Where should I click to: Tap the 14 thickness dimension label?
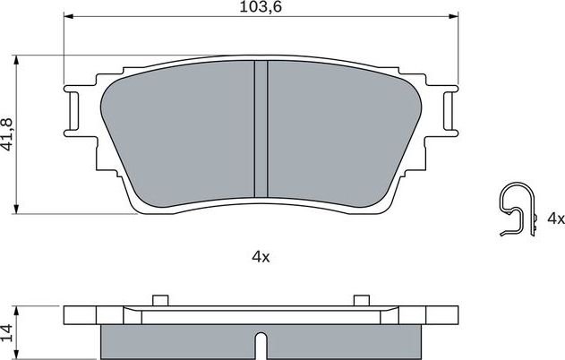8,332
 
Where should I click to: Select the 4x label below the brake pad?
260,256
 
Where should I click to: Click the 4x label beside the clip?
555,219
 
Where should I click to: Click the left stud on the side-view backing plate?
160,299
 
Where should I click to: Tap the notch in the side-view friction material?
260,344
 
